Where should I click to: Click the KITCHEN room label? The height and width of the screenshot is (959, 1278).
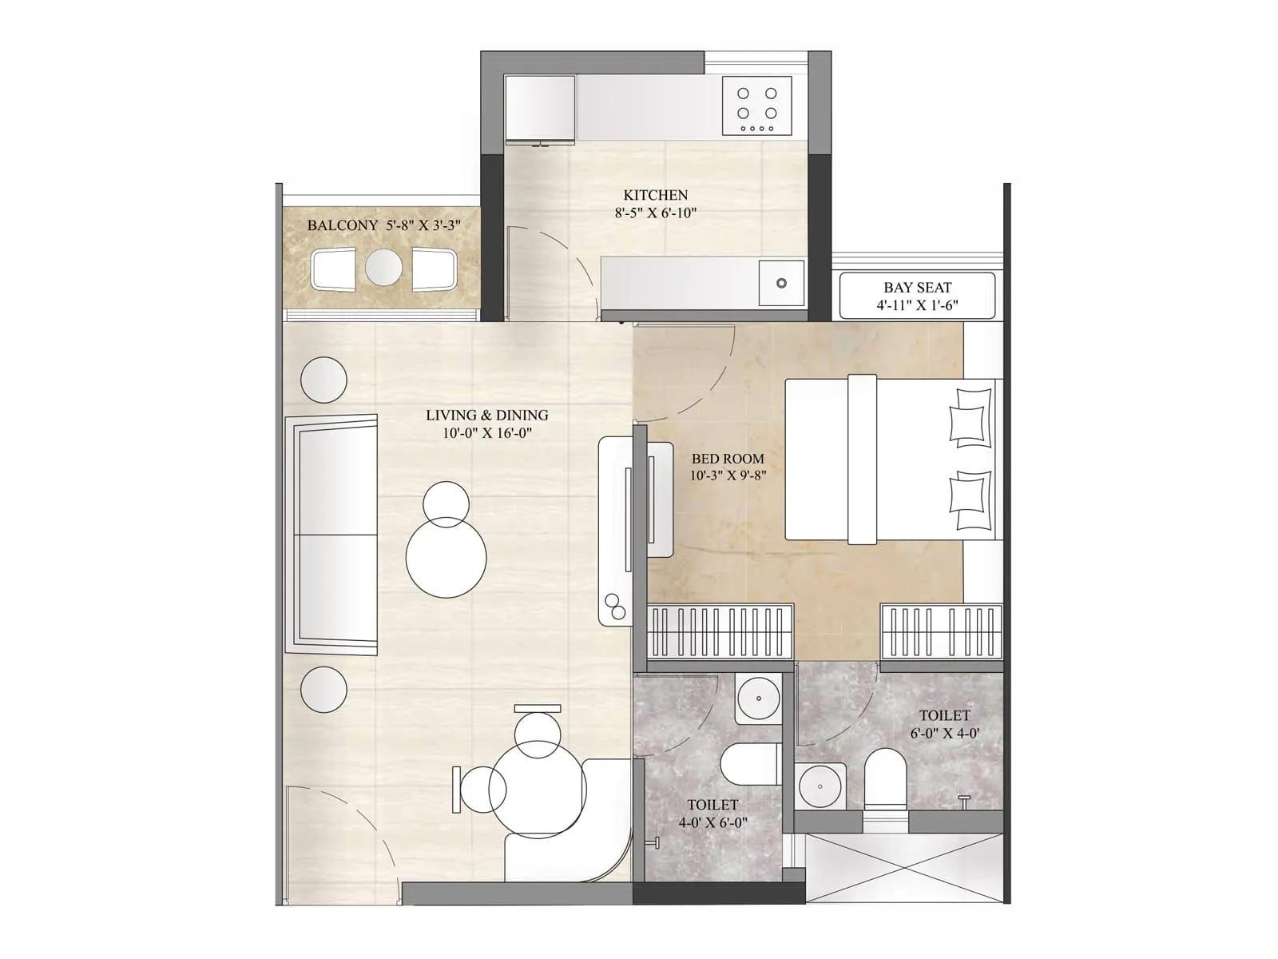(x=655, y=195)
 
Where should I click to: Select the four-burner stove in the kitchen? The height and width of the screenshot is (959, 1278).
(x=756, y=105)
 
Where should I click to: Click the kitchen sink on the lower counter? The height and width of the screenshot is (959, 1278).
(x=781, y=283)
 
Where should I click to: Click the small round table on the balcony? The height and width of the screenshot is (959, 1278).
(x=383, y=268)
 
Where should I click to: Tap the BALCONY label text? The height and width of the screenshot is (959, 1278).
(x=343, y=225)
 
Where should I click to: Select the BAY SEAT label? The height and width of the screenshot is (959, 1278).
(x=917, y=288)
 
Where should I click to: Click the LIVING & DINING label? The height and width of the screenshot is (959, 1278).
(x=486, y=416)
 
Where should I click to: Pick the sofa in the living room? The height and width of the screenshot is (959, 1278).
(x=334, y=534)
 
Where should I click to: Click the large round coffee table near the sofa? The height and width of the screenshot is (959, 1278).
(x=446, y=557)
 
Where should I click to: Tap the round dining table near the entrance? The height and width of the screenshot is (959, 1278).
(x=537, y=787)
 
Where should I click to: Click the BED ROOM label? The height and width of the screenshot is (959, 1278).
(x=728, y=459)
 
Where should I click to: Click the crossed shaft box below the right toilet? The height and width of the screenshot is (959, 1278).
(x=903, y=867)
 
